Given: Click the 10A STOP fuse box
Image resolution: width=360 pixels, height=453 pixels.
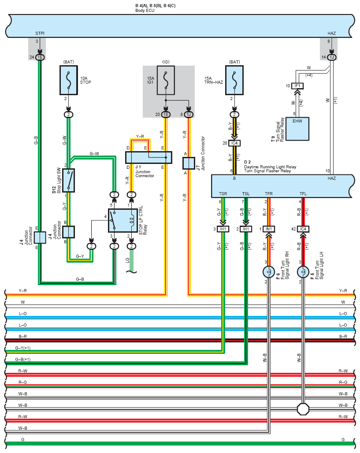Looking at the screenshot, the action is tap(68, 80).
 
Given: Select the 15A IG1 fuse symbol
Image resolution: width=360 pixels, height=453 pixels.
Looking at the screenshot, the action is tap(166, 80).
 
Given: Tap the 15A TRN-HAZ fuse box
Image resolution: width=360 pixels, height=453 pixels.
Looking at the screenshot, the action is tap(234, 80).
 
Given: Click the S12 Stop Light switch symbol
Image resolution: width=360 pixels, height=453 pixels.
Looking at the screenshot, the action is tap(68, 180).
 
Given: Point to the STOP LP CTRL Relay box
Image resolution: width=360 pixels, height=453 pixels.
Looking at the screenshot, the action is tap(123, 221).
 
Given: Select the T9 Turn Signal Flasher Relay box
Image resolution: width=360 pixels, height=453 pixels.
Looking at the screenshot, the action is tap(297, 129).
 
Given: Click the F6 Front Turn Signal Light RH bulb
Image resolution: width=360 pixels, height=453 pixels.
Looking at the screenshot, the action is tap(269, 272).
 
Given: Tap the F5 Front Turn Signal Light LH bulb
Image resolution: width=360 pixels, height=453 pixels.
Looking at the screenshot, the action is tap(303, 272).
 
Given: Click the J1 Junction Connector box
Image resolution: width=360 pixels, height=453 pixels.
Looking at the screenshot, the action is tap(148, 157).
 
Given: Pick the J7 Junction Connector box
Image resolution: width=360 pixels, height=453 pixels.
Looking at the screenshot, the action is tap(189, 163).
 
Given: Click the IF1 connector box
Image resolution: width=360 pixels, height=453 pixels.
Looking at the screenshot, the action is tap(297, 86).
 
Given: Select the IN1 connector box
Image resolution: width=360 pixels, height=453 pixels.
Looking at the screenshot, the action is tap(269, 229).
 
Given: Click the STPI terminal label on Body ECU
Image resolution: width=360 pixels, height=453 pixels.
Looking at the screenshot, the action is tap(40, 33).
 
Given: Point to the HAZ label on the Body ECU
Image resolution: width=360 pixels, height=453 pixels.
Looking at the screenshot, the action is tap(332, 33).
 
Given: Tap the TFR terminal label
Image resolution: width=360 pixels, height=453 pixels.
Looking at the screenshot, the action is tap(269, 193).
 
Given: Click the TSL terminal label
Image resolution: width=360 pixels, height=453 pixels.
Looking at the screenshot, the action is tap(246, 193).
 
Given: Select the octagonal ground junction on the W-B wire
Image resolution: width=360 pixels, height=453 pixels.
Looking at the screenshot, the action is tap(303, 409).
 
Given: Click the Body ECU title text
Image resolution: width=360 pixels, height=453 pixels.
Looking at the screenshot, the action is tap(145, 11).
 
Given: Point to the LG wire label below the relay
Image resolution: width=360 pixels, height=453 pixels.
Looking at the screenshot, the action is tap(127, 260).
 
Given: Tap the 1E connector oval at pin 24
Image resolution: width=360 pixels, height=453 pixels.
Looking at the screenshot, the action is tap(40, 57).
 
